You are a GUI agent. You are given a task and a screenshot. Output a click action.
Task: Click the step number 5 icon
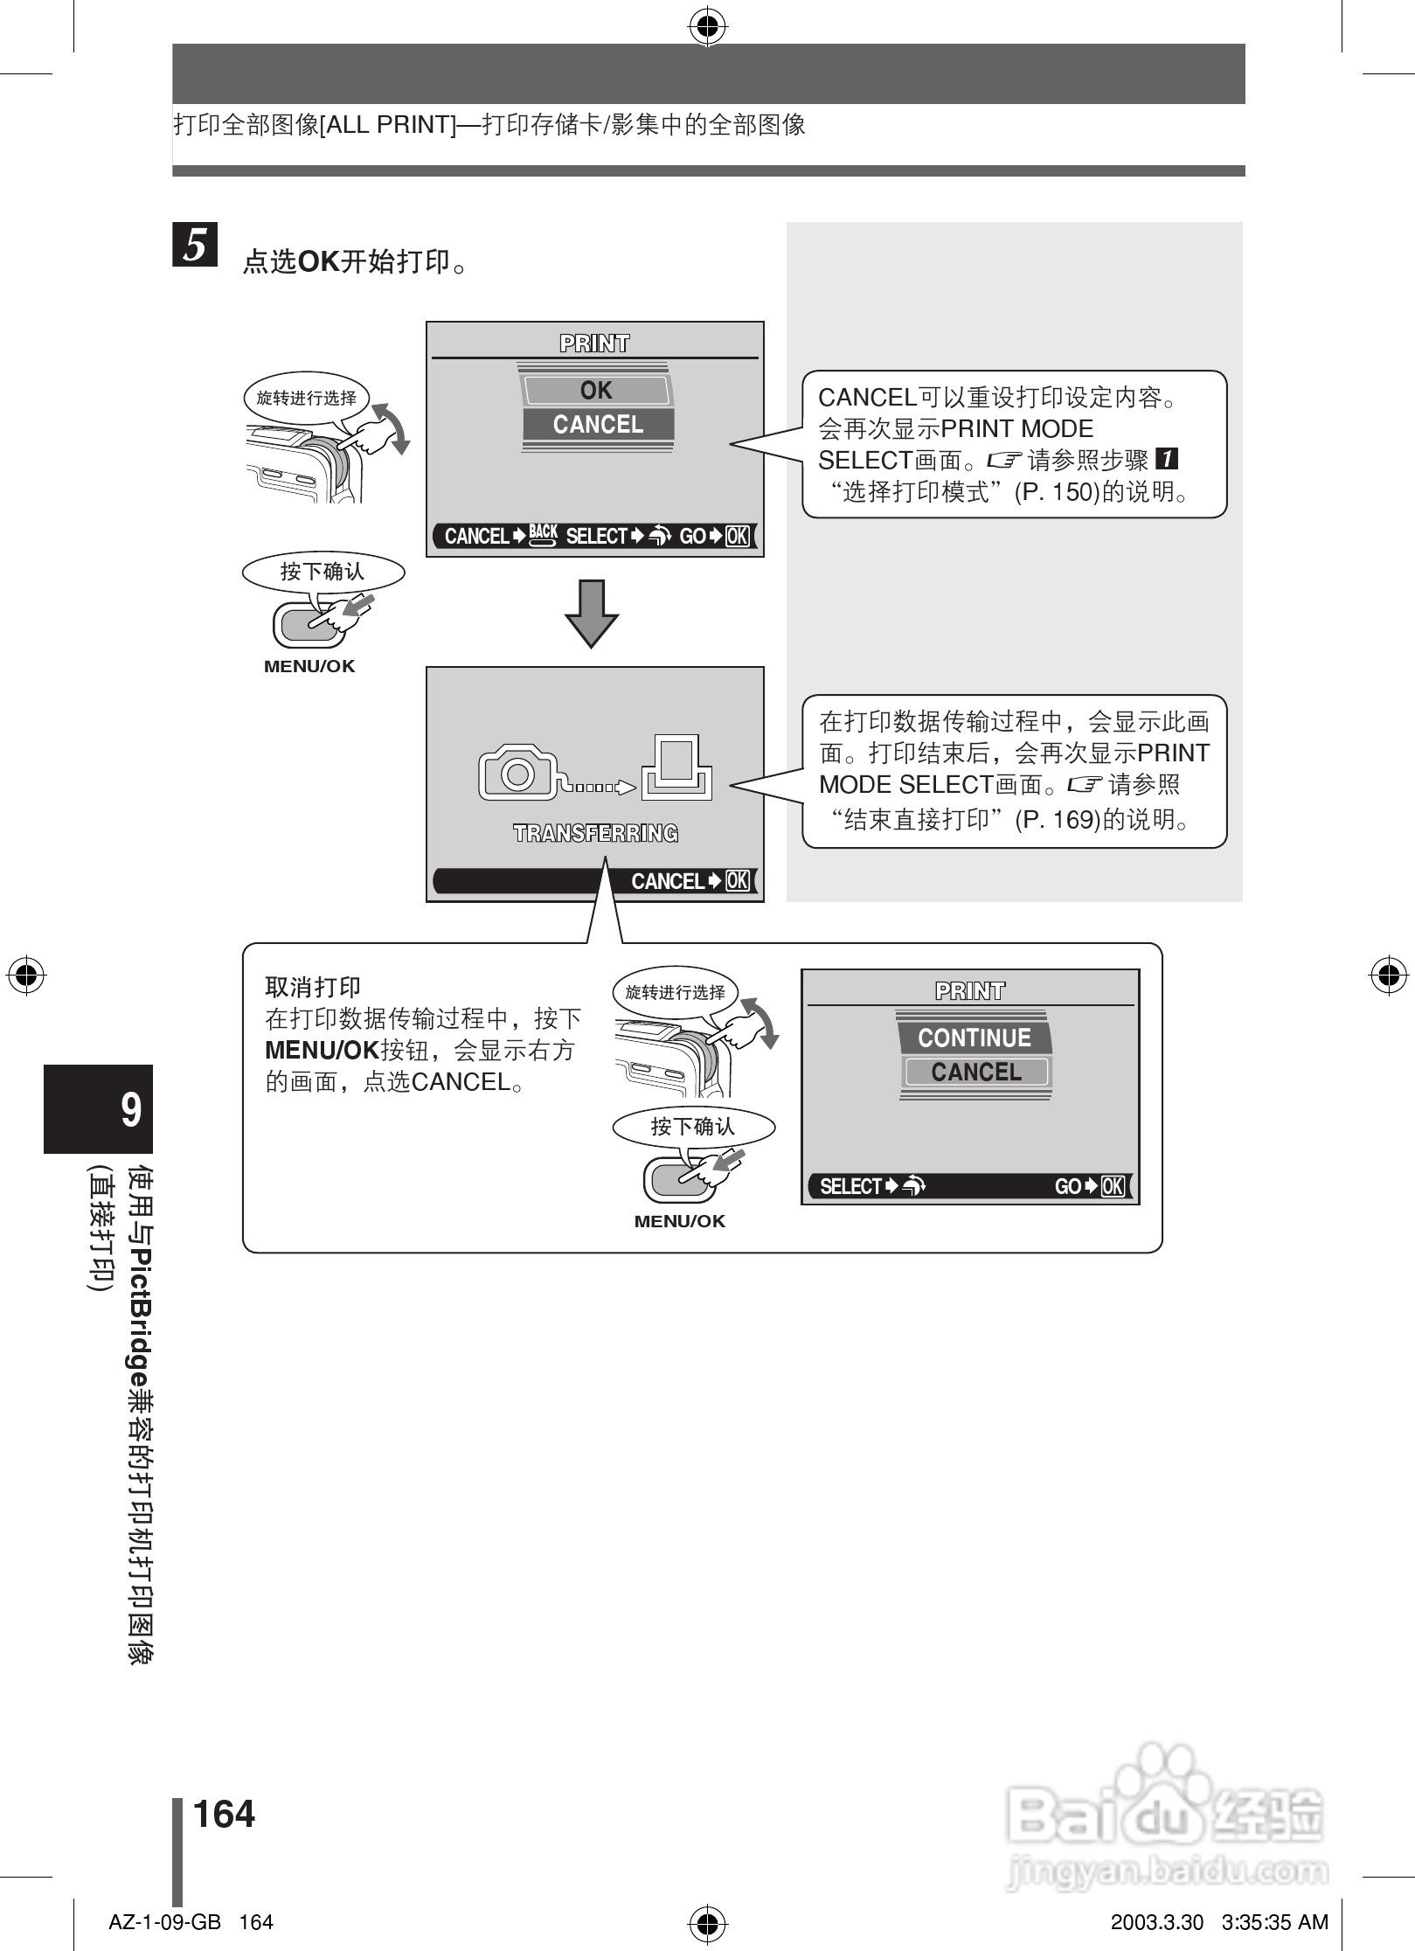coord(195,245)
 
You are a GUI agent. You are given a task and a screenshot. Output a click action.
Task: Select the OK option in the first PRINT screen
coord(597,390)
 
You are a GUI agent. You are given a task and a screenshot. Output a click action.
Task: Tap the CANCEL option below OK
coord(598,425)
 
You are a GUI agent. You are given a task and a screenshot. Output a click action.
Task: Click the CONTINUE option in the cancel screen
coord(975,1038)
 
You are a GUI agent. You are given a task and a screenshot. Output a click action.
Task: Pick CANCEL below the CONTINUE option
coord(975,1072)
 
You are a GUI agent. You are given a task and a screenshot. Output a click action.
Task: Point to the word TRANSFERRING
coord(595,833)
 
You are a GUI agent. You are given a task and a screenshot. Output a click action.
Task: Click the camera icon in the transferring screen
coord(517,772)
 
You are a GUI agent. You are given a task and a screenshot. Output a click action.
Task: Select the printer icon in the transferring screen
coord(676,767)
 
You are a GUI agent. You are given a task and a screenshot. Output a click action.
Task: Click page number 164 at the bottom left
coord(224,1814)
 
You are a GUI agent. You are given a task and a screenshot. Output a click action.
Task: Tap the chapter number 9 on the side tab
coord(130,1109)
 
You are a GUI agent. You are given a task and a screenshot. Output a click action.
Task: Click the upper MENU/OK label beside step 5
coord(309,666)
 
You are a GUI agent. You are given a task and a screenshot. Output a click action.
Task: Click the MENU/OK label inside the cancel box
coord(680,1221)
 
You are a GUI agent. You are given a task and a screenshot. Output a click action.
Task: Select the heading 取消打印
coord(313,988)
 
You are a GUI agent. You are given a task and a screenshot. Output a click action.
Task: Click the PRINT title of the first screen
coord(594,344)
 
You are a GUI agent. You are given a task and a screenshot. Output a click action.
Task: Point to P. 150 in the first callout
coord(1056,492)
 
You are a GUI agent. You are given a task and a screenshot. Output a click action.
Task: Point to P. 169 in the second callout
coord(1056,820)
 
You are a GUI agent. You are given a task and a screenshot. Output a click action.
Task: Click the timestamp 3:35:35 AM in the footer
coord(1275,1922)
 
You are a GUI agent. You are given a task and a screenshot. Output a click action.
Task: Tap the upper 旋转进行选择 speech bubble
coord(306,399)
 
